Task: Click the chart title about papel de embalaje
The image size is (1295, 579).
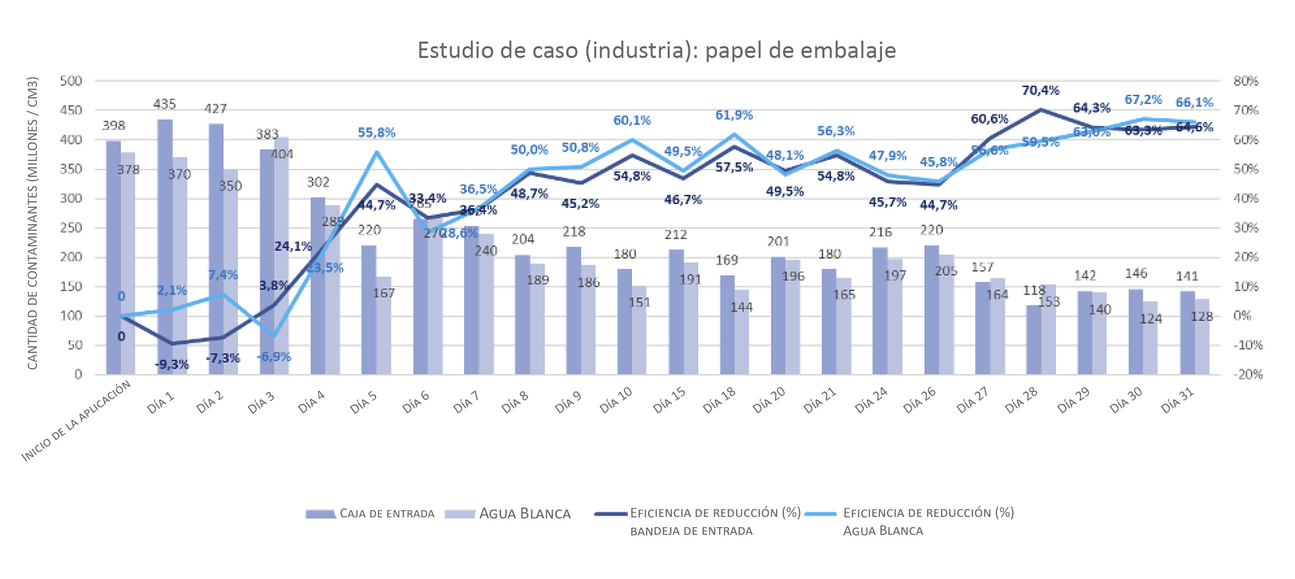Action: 656,50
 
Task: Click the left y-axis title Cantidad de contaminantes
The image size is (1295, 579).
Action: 32,223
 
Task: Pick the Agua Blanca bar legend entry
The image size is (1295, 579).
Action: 508,514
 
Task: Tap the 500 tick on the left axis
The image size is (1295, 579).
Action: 71,81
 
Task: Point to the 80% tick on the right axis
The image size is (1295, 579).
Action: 1246,81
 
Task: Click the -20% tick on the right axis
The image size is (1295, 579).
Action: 1248,374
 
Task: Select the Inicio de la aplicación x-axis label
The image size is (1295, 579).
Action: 76,421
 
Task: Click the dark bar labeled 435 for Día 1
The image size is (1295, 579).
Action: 165,246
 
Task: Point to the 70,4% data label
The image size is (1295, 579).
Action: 1040,90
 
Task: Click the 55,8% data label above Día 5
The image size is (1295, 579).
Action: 377,132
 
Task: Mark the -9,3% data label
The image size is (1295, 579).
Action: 172,364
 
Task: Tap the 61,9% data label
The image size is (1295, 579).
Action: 734,115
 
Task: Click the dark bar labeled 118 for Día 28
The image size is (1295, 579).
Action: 1034,340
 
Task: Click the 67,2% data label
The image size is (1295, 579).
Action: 1143,99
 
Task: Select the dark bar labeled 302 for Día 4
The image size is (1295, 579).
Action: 318,285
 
